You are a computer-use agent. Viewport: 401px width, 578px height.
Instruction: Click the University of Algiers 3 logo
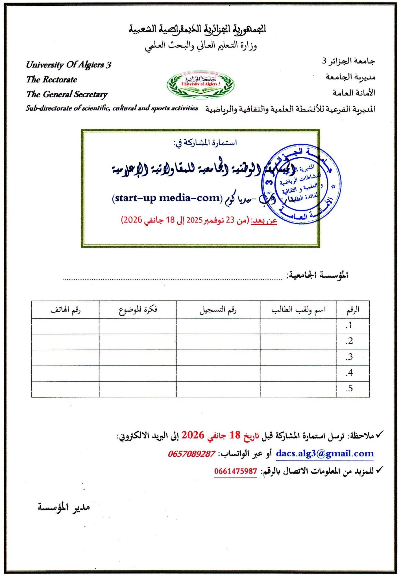(200, 84)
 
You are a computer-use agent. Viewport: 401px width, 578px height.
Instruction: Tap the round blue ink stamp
(301, 184)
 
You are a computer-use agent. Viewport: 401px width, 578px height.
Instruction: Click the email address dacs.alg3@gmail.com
(325, 454)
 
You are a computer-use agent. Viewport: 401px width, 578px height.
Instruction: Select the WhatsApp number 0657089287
(192, 454)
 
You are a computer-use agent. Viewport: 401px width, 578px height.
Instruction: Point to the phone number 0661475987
(236, 471)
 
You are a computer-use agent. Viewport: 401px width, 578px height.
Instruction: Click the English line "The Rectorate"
(52, 80)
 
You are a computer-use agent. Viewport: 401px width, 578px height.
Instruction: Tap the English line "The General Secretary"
(67, 94)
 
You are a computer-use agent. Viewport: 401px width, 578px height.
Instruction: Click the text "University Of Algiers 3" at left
(69, 65)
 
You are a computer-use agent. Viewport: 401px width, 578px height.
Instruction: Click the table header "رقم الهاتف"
(66, 310)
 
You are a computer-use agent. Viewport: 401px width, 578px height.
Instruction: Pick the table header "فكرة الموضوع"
(138, 310)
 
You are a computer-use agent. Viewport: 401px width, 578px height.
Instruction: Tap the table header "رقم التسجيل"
(218, 310)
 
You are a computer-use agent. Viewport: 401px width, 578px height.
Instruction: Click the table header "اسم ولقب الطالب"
(298, 310)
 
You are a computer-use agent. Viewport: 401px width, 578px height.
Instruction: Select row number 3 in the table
(350, 357)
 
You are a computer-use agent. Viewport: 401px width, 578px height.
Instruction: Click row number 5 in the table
(350, 389)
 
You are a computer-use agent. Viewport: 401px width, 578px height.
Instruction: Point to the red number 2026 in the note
(193, 435)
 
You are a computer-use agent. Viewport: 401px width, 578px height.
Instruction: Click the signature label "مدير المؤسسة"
(64, 507)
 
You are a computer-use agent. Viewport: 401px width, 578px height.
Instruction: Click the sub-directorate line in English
(112, 108)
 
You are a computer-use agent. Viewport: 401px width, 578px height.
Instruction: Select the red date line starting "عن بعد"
(199, 220)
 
